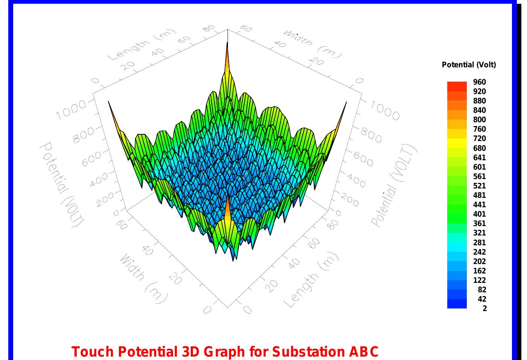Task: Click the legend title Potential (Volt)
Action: [x=469, y=65]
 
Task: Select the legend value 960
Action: [x=479, y=82]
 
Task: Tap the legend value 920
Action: [x=479, y=91]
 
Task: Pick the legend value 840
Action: [x=479, y=110]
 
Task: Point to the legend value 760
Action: [x=479, y=129]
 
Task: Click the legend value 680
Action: [x=479, y=148]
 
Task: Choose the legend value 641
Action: [x=479, y=158]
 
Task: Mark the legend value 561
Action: [x=479, y=176]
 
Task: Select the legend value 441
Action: [x=479, y=205]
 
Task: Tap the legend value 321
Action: [x=479, y=233]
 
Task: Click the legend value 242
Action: [x=479, y=252]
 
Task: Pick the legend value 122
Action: [x=479, y=280]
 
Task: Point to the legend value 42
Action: [x=481, y=299]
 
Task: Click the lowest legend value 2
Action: [x=484, y=308]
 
